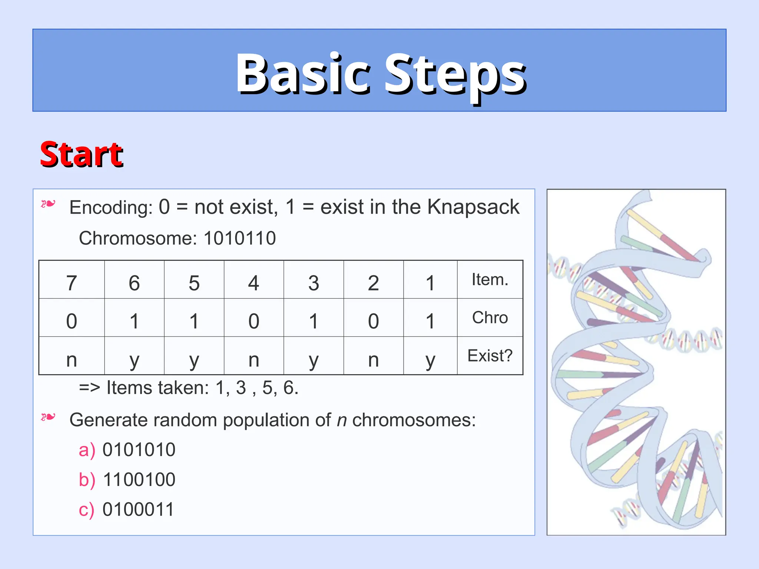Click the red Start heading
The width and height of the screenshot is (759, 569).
81,154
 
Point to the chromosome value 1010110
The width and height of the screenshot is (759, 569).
240,238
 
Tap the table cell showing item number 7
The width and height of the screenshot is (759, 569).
72,283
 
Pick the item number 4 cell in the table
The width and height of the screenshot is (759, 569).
253,283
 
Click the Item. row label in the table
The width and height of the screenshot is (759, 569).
490,280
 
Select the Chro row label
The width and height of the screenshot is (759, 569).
490,318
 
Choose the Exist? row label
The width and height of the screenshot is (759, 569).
490,356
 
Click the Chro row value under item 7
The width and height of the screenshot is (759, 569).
72,321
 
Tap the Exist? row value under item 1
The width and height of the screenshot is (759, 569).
430,359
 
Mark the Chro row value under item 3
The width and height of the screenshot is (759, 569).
314,321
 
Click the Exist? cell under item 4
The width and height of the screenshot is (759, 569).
253,359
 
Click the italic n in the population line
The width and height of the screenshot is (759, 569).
342,420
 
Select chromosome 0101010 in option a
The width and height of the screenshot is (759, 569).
139,450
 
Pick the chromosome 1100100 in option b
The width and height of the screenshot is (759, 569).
139,479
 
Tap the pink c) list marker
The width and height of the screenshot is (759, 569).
86,510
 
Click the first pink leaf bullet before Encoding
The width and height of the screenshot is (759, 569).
48,204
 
